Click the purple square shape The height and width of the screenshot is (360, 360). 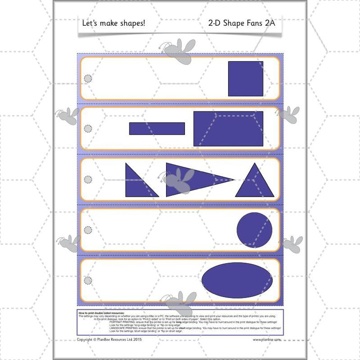coord(245,78)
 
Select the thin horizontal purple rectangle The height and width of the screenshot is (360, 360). coord(157,129)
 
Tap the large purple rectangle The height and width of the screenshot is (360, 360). coord(228,129)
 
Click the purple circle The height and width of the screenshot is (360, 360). coord(254,230)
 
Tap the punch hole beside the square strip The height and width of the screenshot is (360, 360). coord(88,78)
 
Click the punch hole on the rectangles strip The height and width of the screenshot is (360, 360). coord(88,129)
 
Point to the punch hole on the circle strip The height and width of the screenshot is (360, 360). coord(88,230)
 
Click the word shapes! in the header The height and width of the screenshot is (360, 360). coord(134,23)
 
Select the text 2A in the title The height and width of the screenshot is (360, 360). coord(268,23)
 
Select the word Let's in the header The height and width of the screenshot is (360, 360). coord(90,23)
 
